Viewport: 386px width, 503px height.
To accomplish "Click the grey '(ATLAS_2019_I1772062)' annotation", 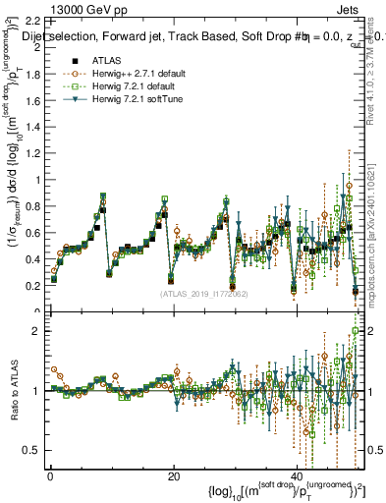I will (x=204, y=293).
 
